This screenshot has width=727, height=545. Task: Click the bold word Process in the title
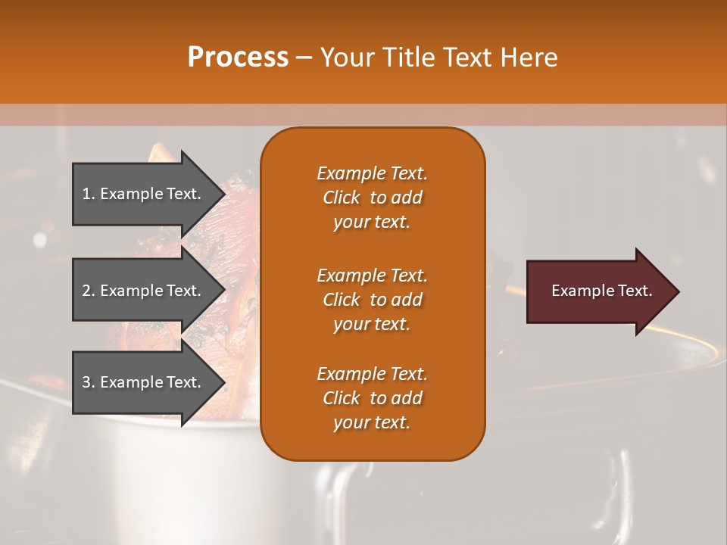click(238, 58)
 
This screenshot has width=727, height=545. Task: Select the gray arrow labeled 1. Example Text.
click(144, 194)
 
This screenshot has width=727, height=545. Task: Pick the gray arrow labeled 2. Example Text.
click(144, 291)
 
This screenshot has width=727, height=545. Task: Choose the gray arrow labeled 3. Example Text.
click(144, 382)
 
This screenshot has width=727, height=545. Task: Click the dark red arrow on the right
click(598, 291)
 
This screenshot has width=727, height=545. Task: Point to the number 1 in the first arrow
click(86, 194)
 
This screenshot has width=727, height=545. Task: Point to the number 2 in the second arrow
click(86, 291)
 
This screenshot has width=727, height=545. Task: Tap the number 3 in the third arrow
click(86, 382)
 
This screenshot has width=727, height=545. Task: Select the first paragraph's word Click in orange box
click(342, 198)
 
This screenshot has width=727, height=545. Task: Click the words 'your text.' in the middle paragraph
click(372, 324)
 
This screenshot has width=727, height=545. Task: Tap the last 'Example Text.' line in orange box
click(372, 374)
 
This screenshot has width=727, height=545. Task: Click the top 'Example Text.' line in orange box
click(372, 173)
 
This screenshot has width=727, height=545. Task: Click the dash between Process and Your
click(304, 58)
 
